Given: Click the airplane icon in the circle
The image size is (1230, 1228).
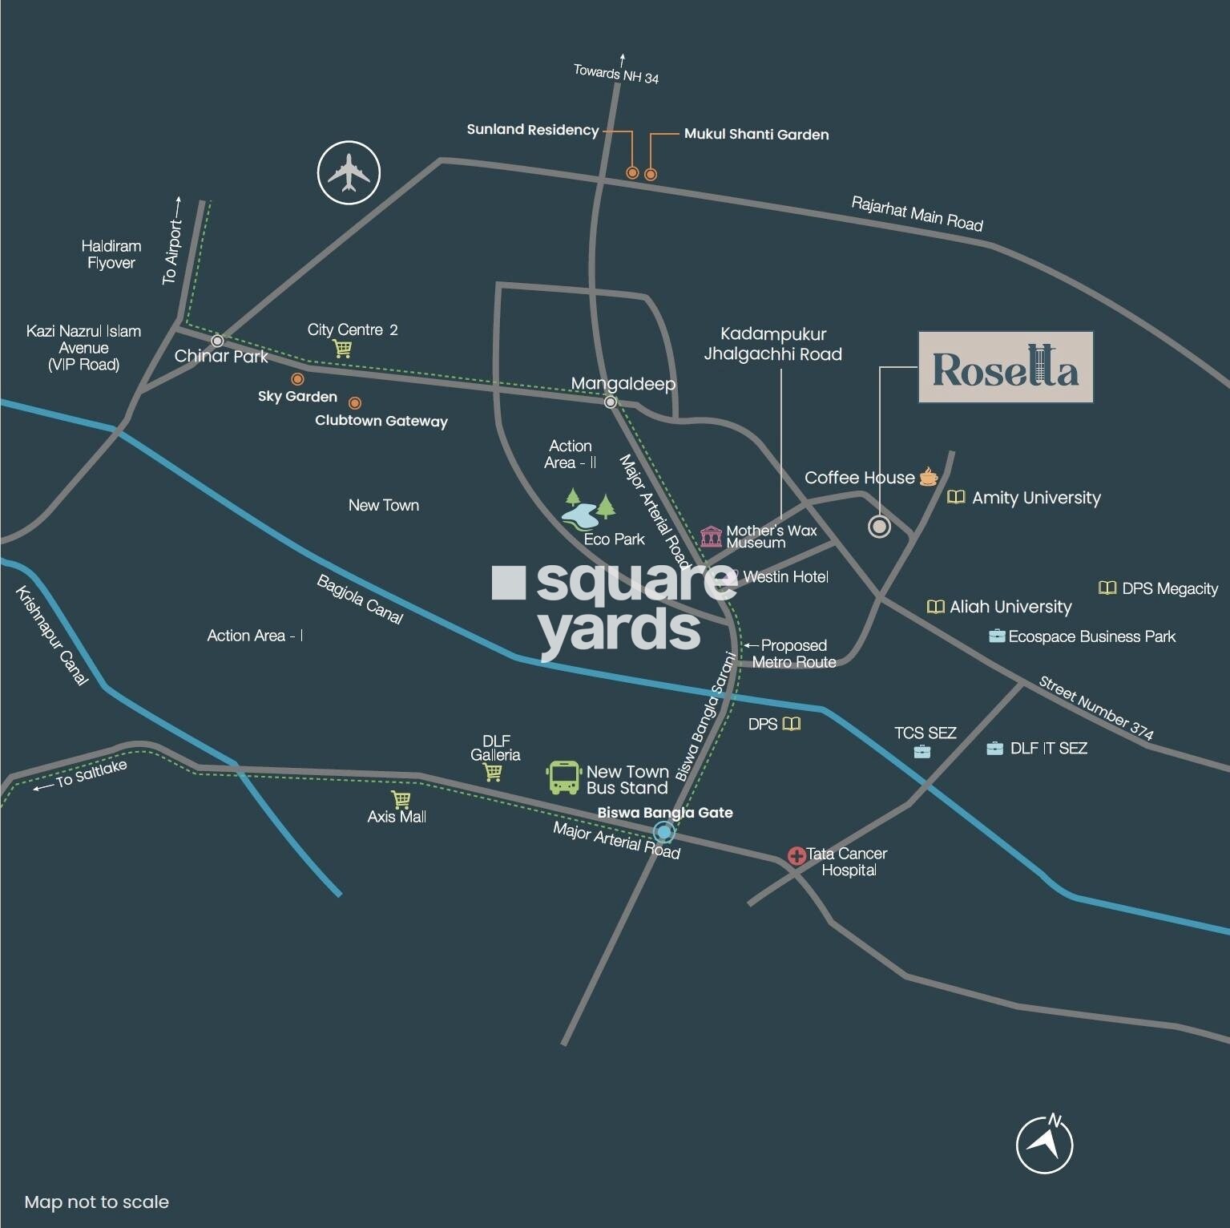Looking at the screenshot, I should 349,172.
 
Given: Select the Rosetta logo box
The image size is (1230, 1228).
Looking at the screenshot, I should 1006,367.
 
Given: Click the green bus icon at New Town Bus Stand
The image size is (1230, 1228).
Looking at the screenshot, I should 564,778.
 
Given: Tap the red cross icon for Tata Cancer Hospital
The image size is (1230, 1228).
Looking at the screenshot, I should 796,856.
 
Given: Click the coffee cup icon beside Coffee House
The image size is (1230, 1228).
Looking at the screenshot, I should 928,477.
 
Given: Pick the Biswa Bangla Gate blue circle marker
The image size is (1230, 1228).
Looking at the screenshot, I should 663,831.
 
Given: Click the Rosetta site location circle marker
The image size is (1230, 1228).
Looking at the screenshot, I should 880,527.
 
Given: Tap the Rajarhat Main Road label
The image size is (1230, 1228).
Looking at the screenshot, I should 917,214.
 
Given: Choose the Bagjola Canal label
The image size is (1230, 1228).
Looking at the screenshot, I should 360,599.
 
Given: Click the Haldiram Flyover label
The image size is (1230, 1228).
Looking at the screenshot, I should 111,254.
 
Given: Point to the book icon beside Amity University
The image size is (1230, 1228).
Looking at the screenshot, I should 956,497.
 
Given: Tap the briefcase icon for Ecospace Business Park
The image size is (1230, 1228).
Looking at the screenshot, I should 997,636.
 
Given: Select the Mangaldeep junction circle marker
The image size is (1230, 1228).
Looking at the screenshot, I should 611,402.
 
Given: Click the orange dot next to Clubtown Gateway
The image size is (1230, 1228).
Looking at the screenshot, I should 354,403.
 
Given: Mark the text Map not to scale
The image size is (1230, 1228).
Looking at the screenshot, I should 97,1202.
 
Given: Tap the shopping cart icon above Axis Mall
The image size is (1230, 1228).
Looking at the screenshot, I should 401,799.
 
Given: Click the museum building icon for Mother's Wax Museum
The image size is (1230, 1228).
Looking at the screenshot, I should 711,535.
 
